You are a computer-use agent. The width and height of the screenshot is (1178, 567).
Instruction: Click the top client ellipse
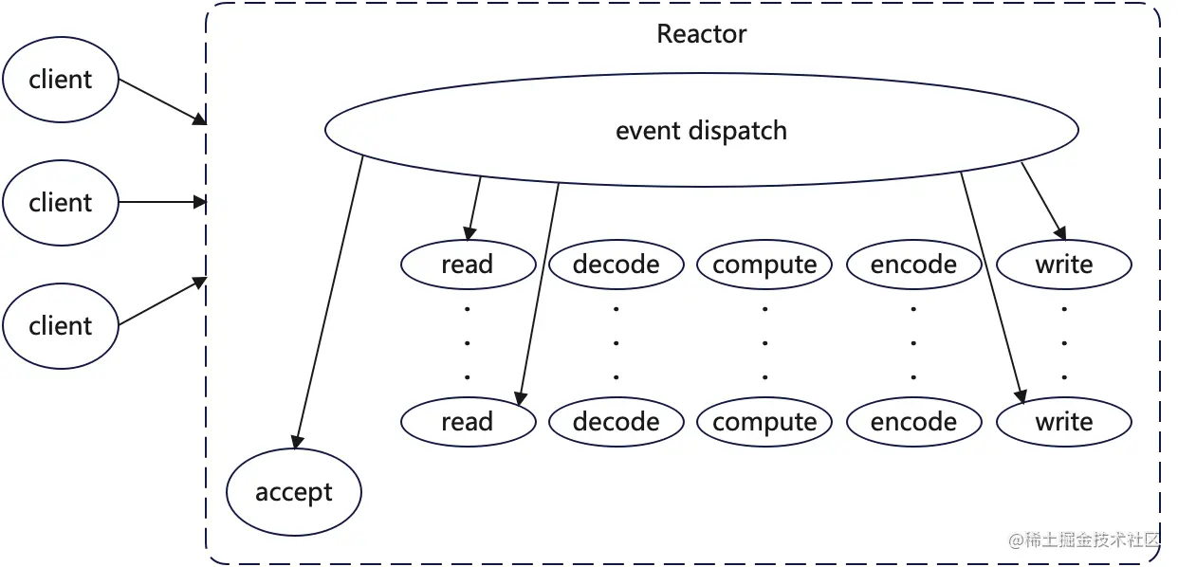pyautogui.click(x=61, y=80)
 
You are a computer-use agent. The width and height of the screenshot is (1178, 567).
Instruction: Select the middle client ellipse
pyautogui.click(x=61, y=203)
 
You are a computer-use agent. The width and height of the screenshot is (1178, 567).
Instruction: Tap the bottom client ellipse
pyautogui.click(x=61, y=326)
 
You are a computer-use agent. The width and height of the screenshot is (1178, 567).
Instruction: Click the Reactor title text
pyautogui.click(x=701, y=35)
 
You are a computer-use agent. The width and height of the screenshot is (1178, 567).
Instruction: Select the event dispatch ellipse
pyautogui.click(x=701, y=130)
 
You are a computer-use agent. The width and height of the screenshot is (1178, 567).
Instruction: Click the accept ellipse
pyautogui.click(x=294, y=493)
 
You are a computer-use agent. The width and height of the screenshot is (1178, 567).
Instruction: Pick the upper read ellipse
pyautogui.click(x=468, y=265)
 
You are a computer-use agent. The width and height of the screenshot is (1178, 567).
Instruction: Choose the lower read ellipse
pyautogui.click(x=468, y=422)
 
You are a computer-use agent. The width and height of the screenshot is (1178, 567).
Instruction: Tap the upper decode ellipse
pyautogui.click(x=617, y=265)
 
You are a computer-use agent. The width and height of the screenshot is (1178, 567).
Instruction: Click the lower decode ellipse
pyautogui.click(x=617, y=422)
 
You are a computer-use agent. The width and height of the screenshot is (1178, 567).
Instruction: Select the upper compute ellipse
pyautogui.click(x=764, y=265)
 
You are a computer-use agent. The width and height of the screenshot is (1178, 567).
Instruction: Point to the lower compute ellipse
pyautogui.click(x=764, y=422)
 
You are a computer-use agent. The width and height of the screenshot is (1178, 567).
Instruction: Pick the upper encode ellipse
pyautogui.click(x=913, y=265)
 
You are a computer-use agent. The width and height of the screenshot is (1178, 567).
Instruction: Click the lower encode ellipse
pyautogui.click(x=913, y=422)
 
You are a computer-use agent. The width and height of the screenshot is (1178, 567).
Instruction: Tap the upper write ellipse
pyautogui.click(x=1064, y=265)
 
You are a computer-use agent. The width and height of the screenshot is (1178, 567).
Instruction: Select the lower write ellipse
pyautogui.click(x=1064, y=422)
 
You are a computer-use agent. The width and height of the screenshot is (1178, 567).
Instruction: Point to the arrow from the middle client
pyautogui.click(x=161, y=202)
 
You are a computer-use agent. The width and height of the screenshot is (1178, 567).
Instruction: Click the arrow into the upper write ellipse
pyautogui.click(x=1043, y=201)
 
